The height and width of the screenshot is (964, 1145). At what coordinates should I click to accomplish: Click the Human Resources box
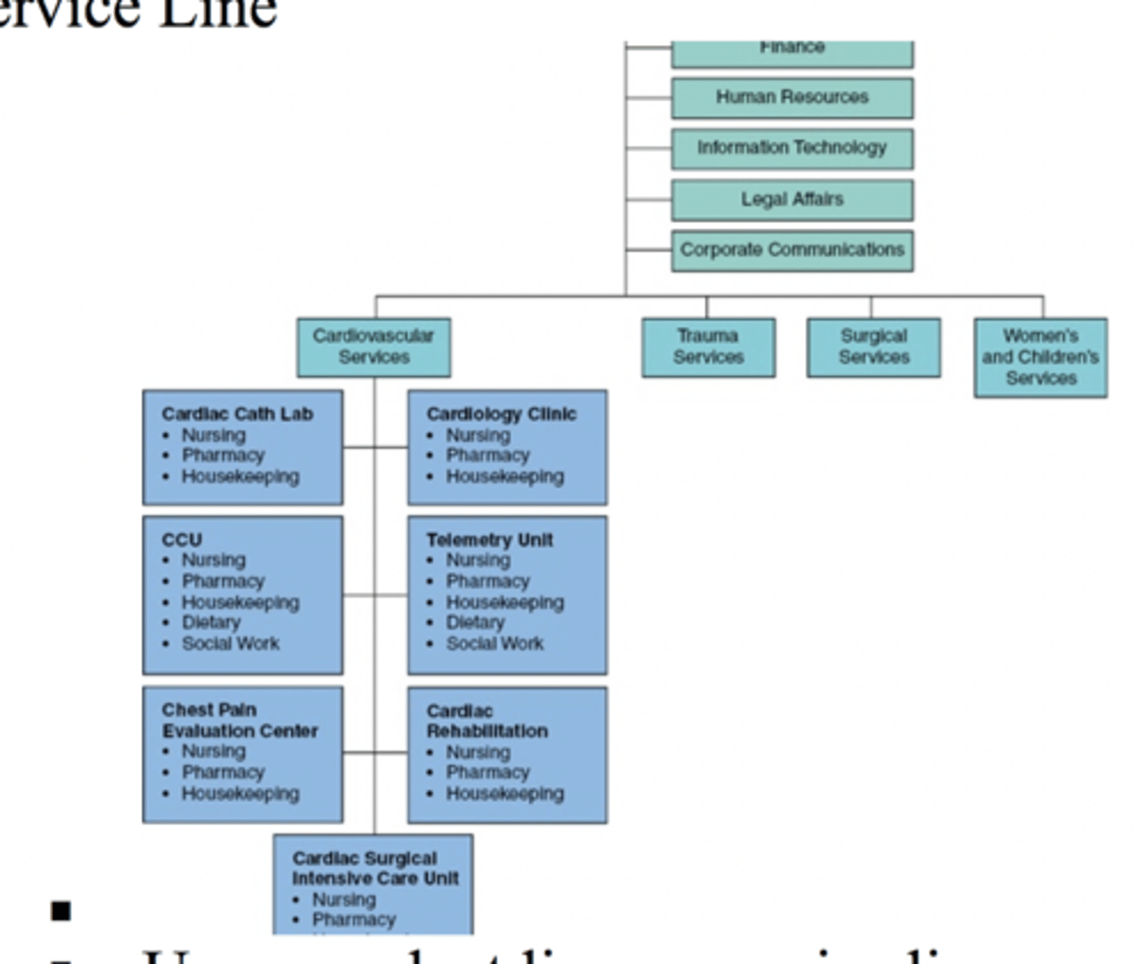(792, 97)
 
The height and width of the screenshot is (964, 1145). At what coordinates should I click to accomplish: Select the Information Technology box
(792, 148)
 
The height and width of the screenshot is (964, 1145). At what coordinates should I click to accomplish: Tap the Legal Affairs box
(792, 199)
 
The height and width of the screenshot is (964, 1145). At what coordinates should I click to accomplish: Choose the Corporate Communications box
(792, 250)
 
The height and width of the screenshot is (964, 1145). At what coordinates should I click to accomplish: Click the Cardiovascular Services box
(374, 347)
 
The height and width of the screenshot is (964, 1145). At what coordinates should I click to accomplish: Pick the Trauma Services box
(708, 347)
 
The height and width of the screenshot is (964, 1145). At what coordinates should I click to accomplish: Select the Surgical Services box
(873, 347)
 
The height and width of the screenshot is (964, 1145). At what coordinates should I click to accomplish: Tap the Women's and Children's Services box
(1041, 357)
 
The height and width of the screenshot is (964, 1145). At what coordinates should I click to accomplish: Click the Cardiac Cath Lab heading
(237, 414)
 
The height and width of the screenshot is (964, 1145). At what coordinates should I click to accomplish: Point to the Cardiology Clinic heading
(501, 414)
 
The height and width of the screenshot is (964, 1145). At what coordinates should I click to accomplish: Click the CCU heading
(182, 540)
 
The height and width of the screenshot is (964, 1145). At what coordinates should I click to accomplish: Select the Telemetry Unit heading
(489, 540)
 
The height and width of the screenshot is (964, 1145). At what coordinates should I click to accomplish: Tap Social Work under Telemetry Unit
(495, 643)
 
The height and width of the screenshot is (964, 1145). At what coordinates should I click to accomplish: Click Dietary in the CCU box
(211, 623)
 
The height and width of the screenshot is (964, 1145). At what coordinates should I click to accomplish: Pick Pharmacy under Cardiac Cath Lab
(223, 455)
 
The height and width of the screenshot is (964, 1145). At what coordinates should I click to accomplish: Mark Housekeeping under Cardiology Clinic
(505, 476)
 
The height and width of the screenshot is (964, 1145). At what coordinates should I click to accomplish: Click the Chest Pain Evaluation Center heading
(239, 721)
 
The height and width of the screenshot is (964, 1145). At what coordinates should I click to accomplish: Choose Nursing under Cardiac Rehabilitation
(478, 753)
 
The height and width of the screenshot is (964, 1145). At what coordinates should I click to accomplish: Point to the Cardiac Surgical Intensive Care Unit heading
(375, 868)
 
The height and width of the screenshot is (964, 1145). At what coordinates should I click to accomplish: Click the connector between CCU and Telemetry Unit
(374, 595)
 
